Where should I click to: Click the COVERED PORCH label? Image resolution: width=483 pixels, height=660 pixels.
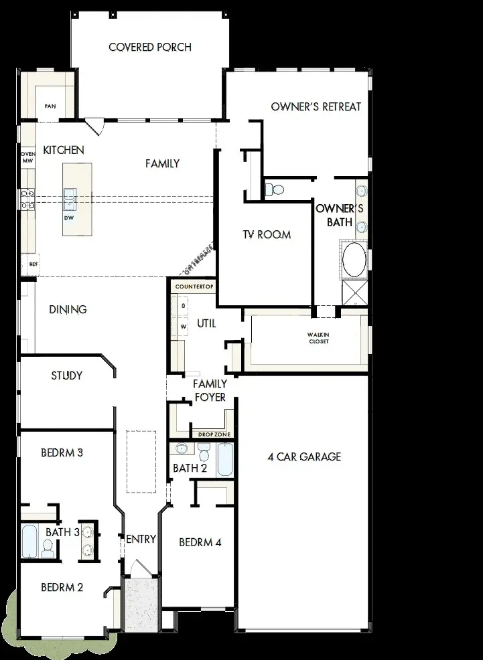pyautogui.click(x=150, y=48)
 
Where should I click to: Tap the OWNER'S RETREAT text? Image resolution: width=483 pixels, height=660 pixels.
pyautogui.click(x=316, y=106)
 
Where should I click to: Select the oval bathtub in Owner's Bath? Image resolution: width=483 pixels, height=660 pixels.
pyautogui.click(x=354, y=259)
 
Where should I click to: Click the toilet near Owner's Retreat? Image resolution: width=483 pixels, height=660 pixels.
pyautogui.click(x=274, y=189)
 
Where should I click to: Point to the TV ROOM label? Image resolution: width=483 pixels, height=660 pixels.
pyautogui.click(x=267, y=234)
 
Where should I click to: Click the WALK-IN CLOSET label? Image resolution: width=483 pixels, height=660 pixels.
pyautogui.click(x=318, y=338)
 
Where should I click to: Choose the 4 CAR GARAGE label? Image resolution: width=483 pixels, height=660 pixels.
pyautogui.click(x=304, y=457)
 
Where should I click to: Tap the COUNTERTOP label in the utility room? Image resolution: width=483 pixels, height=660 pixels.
pyautogui.click(x=194, y=286)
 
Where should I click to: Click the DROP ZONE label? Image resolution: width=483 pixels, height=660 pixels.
pyautogui.click(x=214, y=434)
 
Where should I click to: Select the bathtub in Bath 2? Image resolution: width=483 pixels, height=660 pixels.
pyautogui.click(x=224, y=459)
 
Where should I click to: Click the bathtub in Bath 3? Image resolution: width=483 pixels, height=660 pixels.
pyautogui.click(x=29, y=542)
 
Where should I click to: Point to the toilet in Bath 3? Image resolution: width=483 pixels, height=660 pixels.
pyautogui.click(x=48, y=550)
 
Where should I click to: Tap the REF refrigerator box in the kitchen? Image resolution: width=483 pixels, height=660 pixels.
pyautogui.click(x=31, y=264)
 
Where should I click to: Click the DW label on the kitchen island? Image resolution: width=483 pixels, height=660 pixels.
pyautogui.click(x=68, y=218)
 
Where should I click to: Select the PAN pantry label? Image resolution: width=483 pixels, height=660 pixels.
pyautogui.click(x=50, y=106)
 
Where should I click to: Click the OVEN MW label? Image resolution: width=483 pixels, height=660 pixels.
pyautogui.click(x=27, y=157)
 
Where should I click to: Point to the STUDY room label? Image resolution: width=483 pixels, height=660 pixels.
pyautogui.click(x=67, y=376)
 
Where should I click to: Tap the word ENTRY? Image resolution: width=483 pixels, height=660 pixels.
pyautogui.click(x=141, y=539)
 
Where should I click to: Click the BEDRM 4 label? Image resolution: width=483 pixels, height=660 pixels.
pyautogui.click(x=200, y=542)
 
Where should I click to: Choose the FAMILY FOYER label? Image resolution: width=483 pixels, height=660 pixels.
pyautogui.click(x=210, y=391)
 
